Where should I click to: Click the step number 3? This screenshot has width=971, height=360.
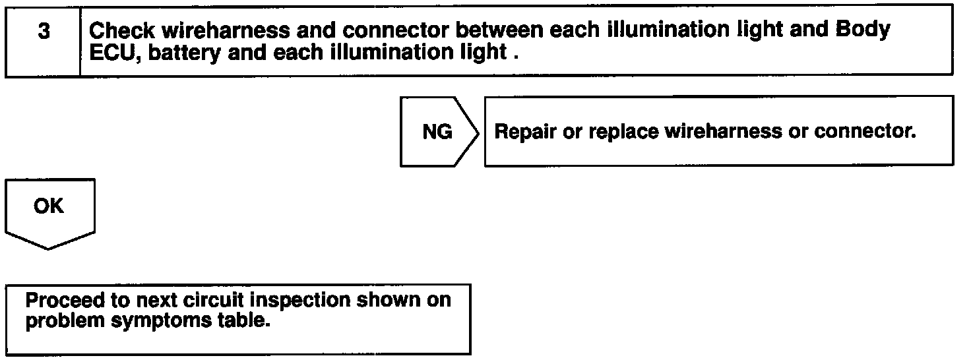[44, 32]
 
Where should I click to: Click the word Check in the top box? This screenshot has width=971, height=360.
[119, 30]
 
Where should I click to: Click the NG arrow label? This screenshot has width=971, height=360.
[437, 132]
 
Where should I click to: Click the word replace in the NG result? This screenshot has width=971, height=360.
[623, 132]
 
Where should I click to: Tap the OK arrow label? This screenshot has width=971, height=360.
[49, 206]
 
